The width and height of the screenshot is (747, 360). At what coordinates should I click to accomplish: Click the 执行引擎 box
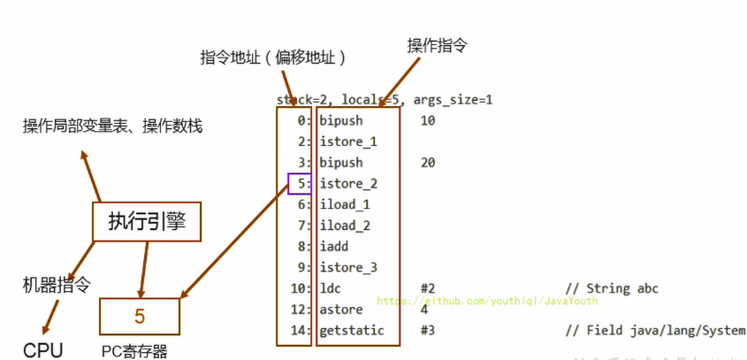[x=147, y=220]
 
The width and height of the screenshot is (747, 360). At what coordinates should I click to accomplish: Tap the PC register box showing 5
[x=140, y=317]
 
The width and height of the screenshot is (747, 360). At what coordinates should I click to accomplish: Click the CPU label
[x=43, y=350]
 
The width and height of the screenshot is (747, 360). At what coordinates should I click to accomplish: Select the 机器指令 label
[x=57, y=285]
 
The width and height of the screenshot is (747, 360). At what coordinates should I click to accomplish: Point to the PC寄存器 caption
[x=134, y=351]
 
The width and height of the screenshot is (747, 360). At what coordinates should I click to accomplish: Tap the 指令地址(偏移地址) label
[x=272, y=57]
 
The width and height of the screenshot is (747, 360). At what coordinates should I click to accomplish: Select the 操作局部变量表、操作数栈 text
[x=112, y=126]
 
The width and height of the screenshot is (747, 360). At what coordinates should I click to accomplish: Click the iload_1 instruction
[x=345, y=204]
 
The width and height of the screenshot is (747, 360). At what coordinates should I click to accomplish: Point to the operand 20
[x=428, y=163]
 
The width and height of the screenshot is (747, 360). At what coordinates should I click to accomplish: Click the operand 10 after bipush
[x=428, y=120]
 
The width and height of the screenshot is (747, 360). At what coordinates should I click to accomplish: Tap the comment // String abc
[x=611, y=288]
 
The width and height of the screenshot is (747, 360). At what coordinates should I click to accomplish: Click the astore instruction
[x=339, y=310]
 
